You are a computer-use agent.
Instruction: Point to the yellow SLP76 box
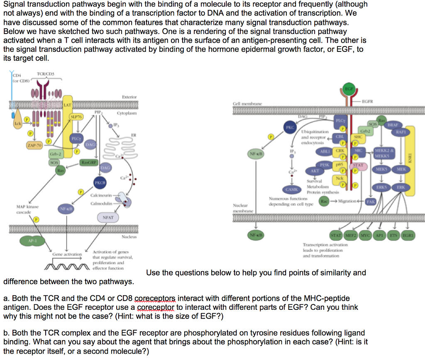coord(76,117)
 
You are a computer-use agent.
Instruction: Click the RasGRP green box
coord(89,162)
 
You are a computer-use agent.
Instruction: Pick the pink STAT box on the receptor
coord(358,165)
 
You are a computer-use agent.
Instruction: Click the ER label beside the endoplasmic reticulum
coord(134,135)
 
